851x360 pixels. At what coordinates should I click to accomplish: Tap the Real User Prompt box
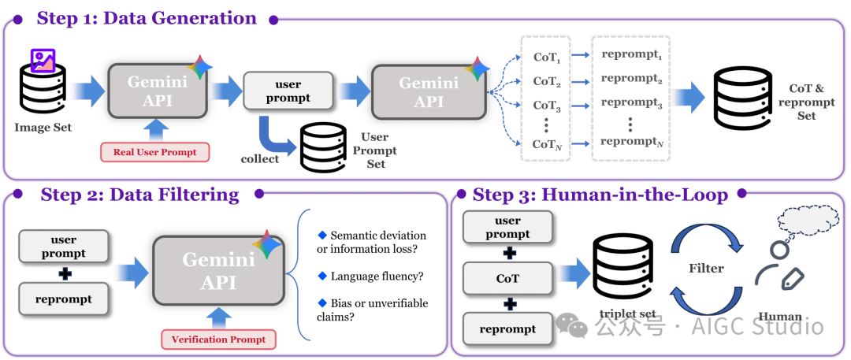(x=155, y=151)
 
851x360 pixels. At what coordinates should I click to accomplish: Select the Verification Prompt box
(x=219, y=340)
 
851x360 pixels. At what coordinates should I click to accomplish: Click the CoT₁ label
(x=546, y=57)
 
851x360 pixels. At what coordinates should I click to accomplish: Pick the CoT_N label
(x=546, y=144)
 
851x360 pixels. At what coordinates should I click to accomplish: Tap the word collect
(x=260, y=158)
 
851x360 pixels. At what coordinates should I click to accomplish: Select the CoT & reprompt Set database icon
(x=743, y=96)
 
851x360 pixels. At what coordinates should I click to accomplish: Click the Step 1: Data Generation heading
(x=147, y=18)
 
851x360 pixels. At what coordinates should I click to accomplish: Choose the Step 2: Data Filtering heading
(x=139, y=195)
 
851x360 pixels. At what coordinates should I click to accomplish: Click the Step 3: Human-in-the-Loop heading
(x=600, y=195)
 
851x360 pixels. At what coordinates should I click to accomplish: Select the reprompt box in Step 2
(x=64, y=299)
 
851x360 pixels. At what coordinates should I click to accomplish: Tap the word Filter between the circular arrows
(x=706, y=268)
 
